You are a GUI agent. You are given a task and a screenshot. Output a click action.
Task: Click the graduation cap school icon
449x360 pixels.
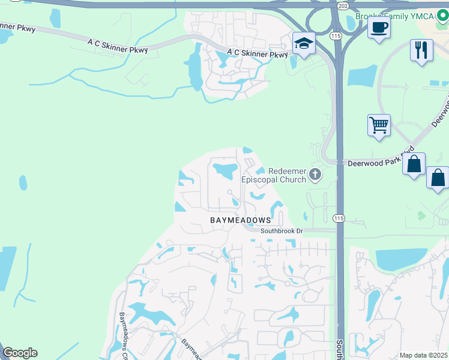click(304, 44)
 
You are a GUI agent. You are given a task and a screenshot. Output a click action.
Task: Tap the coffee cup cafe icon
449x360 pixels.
click(379, 28)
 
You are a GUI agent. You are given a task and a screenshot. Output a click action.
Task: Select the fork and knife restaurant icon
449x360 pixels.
click(421, 50)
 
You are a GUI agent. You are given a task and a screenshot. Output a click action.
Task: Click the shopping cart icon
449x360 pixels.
click(379, 126)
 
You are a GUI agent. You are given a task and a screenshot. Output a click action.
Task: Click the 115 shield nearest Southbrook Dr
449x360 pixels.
click(339, 218)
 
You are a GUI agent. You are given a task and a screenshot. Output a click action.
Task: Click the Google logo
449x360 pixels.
click(20, 353)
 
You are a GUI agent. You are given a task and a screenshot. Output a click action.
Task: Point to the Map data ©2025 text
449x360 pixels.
click(423, 355)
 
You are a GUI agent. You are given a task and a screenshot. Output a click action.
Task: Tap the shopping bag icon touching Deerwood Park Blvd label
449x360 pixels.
click(414, 164)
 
